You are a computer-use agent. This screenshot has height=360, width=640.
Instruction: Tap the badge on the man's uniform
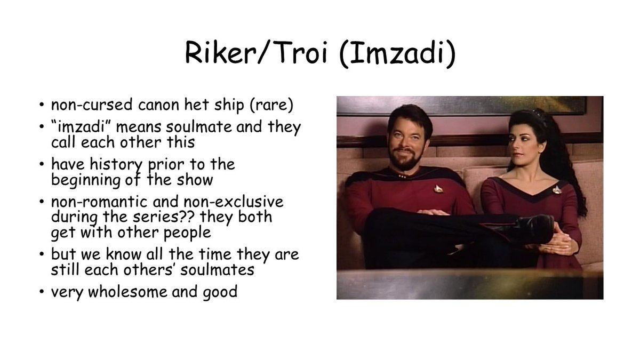coord(438,188)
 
